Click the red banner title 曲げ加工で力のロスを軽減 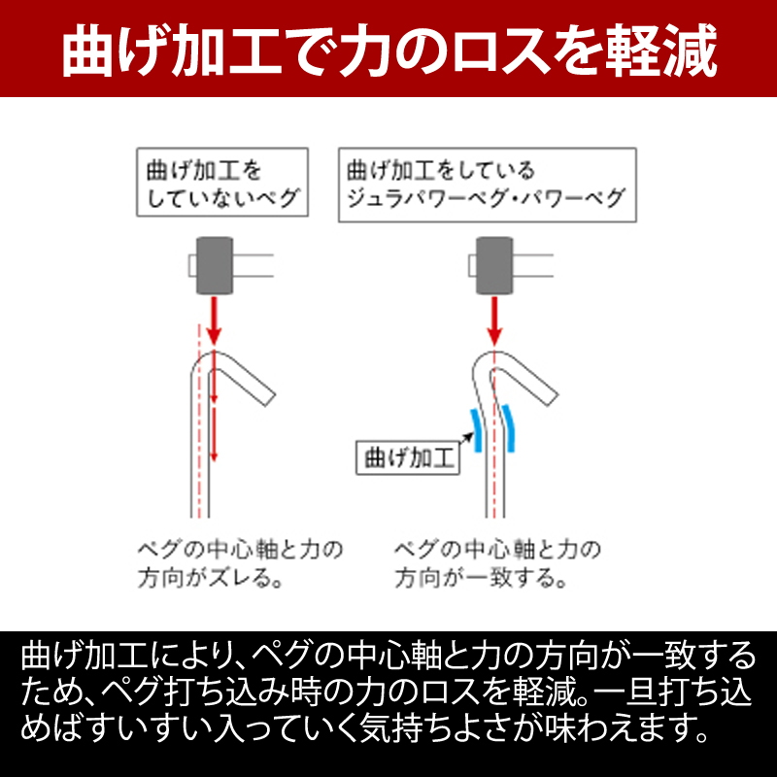pyautogui.click(x=389, y=51)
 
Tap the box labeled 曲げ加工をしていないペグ pyautogui.click(x=222, y=183)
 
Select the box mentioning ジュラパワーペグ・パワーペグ pyautogui.click(x=488, y=185)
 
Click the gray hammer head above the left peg pyautogui.click(x=215, y=265)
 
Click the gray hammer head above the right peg pyautogui.click(x=494, y=265)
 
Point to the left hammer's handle pyautogui.click(x=253, y=265)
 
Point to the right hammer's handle pyautogui.click(x=532, y=265)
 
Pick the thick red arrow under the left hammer pyautogui.click(x=214, y=321)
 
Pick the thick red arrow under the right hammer pyautogui.click(x=494, y=321)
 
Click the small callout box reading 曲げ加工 pyautogui.click(x=408, y=457)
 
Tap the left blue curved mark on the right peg pyautogui.click(x=476, y=430)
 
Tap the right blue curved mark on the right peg pyautogui.click(x=509, y=428)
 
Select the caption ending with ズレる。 pyautogui.click(x=240, y=564)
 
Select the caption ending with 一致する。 pyautogui.click(x=497, y=564)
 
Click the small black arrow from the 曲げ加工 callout pyautogui.click(x=466, y=438)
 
